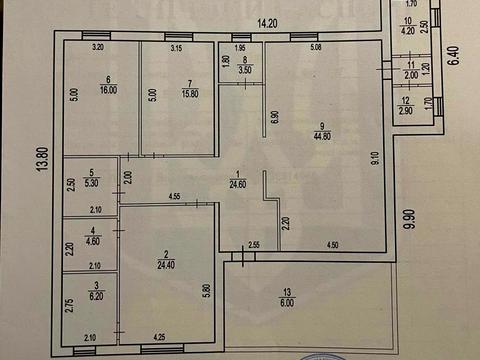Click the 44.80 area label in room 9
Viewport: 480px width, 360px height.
pos(320,138)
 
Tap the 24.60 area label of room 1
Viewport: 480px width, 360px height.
pos(238,184)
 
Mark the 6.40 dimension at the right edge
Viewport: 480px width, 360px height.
pos(451,55)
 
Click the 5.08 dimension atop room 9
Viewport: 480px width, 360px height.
pos(315,47)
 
